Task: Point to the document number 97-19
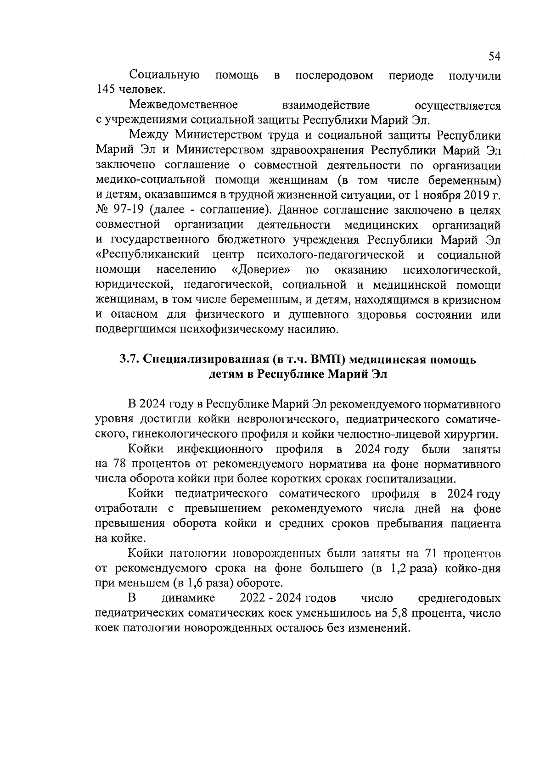click(x=124, y=210)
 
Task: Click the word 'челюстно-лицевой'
click(x=398, y=434)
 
